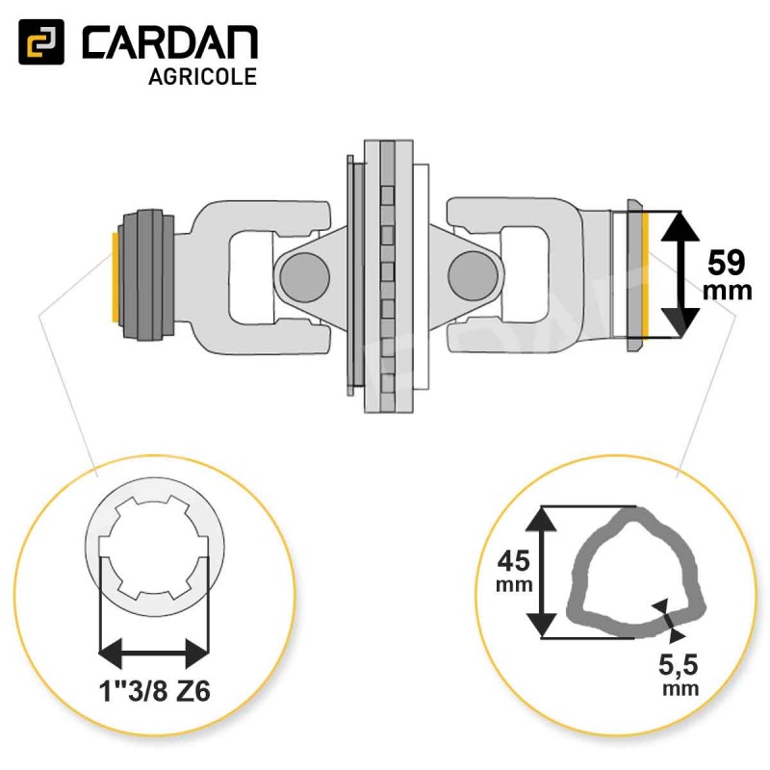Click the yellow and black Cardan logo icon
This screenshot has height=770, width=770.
(x=41, y=41)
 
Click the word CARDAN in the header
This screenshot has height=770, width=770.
(x=169, y=42)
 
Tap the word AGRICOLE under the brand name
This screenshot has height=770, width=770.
(x=202, y=77)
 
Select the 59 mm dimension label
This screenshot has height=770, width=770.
(x=727, y=275)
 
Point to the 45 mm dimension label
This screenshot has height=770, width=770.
(x=514, y=571)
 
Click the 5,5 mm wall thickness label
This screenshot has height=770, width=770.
(x=680, y=675)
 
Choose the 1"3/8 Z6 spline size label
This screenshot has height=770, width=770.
(x=155, y=691)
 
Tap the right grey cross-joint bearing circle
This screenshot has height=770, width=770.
(x=472, y=275)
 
